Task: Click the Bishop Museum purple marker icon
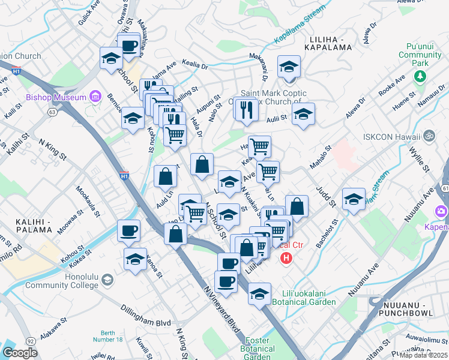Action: coord(94,96)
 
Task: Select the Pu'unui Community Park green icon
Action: coord(420,77)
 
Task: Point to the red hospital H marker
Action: coord(286,259)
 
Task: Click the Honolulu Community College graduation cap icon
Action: coord(107,280)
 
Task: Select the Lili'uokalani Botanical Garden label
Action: coord(309,298)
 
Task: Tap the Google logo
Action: coord(20,353)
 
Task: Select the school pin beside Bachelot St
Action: coord(354,199)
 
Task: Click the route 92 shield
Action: coord(30,341)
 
